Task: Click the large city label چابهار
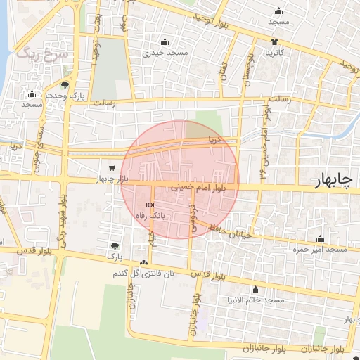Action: click(x=333, y=182)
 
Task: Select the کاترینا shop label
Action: click(x=274, y=53)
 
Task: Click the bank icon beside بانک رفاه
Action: click(x=148, y=204)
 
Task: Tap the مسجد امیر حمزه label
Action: click(x=321, y=249)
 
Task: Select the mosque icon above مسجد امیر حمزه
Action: click(x=321, y=238)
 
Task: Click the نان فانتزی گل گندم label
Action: click(x=144, y=273)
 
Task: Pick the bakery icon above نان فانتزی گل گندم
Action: click(x=144, y=262)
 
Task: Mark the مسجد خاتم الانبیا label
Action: click(x=255, y=300)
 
